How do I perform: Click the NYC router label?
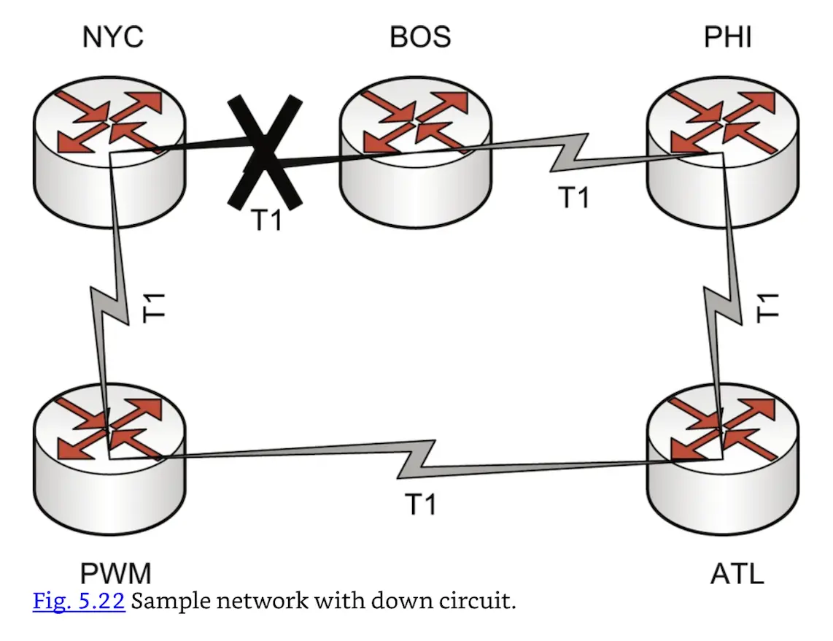click(x=112, y=37)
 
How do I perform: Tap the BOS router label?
click(x=420, y=37)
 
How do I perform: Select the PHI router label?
click(x=727, y=37)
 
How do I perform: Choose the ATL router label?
click(x=737, y=573)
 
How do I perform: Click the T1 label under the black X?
click(x=266, y=220)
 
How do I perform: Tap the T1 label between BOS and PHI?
click(x=573, y=197)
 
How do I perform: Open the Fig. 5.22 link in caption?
click(x=79, y=603)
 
